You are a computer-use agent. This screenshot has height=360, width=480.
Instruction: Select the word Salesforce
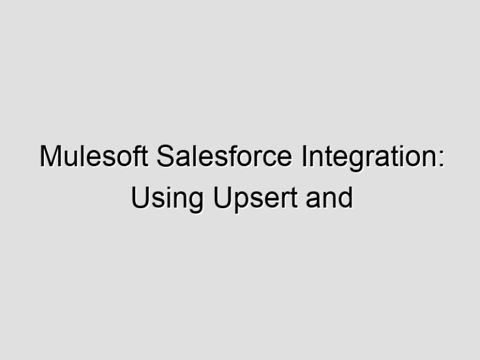coord(224,157)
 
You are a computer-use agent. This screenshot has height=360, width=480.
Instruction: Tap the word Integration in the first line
coord(369,157)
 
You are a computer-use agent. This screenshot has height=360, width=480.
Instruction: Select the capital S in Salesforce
coord(165,157)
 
